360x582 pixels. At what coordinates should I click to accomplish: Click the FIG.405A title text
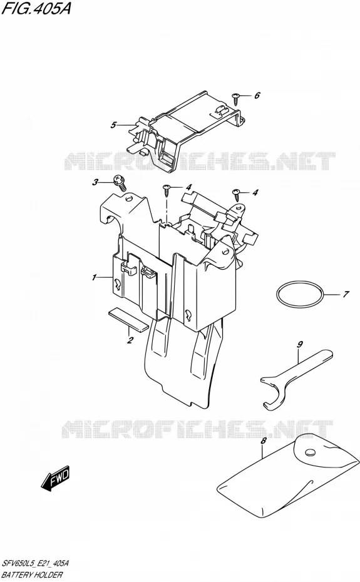[36, 8]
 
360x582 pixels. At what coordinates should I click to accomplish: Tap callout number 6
[257, 95]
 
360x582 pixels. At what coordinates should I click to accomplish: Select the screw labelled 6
[235, 98]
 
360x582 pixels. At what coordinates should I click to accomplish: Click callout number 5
[113, 125]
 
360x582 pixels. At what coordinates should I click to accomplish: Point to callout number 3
[96, 182]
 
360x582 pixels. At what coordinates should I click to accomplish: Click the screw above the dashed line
[166, 189]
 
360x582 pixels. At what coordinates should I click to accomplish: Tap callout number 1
[95, 277]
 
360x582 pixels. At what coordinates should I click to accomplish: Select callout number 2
[130, 340]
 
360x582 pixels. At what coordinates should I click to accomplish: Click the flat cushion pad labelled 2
[128, 318]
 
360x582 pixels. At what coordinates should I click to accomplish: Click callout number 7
[346, 294]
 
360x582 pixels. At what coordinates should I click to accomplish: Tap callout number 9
[300, 344]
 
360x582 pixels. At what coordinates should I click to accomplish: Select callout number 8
[264, 441]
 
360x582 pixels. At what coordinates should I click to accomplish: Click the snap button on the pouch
[309, 452]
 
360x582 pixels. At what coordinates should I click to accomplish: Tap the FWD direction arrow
[55, 478]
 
